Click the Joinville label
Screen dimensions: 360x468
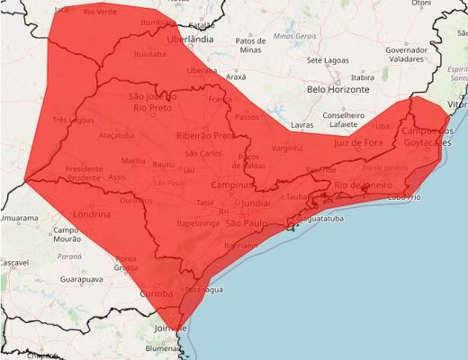tap(170, 328)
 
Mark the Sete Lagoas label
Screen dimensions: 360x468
tap(328, 60)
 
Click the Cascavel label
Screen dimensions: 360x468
tap(14, 262)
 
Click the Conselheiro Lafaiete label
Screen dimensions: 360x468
tap(349, 120)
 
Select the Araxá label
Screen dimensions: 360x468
tap(235, 78)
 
